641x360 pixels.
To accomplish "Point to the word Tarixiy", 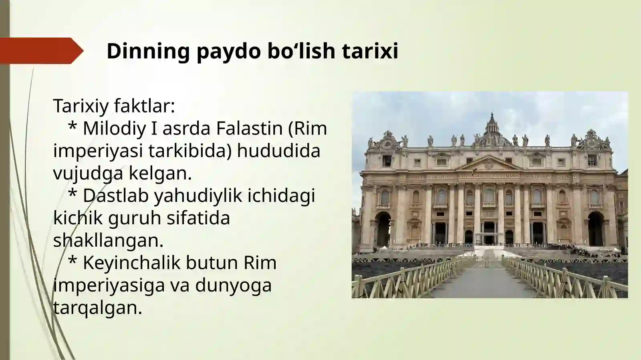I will click(x=81, y=106).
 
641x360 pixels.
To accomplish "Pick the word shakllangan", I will click(x=108, y=241).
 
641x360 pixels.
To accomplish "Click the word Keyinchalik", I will click(x=131, y=263).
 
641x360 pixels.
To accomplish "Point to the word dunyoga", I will click(x=233, y=286).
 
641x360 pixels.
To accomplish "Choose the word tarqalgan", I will click(x=97, y=308).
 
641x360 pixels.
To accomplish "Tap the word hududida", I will click(x=278, y=151).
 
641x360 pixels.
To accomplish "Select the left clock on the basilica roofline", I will click(x=387, y=143).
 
